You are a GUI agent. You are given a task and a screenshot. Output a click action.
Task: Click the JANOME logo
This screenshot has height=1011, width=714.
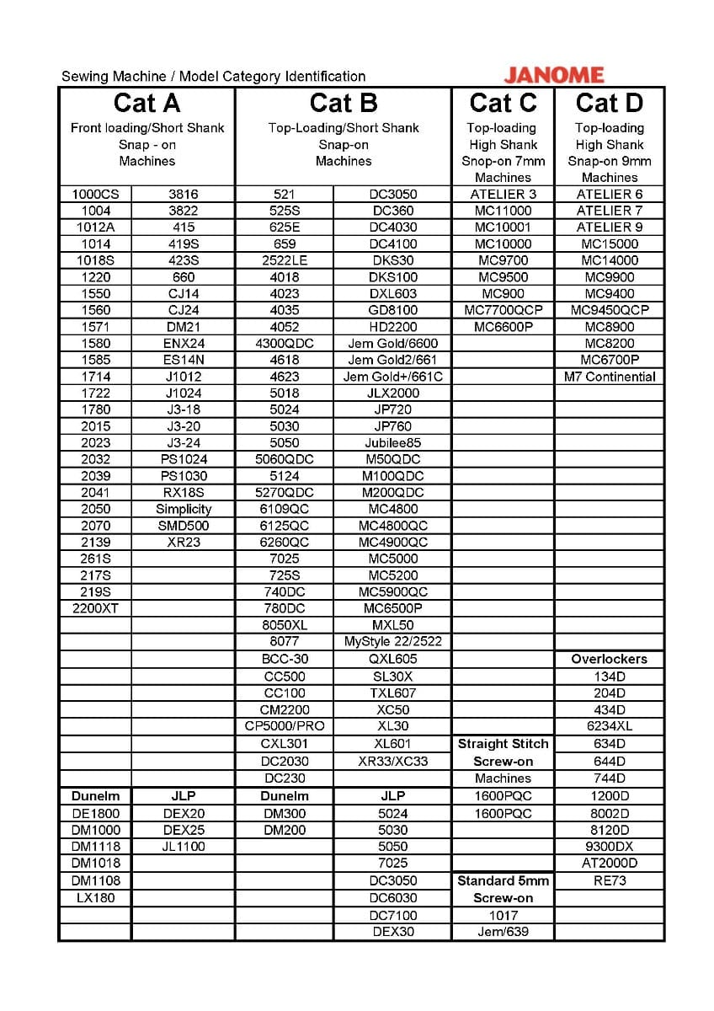tap(553, 74)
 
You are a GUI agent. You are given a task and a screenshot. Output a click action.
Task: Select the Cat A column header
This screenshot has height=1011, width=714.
tap(147, 103)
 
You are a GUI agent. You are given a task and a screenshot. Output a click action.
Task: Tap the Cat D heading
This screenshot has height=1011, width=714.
tap(609, 103)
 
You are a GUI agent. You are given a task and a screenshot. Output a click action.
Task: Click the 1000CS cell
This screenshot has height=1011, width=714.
tap(96, 194)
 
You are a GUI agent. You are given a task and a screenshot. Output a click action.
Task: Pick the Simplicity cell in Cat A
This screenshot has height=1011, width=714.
tap(184, 509)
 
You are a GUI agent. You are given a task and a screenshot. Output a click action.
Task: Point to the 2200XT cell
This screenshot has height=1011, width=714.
tap(96, 608)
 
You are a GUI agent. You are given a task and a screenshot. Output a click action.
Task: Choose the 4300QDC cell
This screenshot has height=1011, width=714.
tap(285, 344)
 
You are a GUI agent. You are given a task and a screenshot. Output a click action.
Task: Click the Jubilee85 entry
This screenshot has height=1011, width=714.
tap(392, 442)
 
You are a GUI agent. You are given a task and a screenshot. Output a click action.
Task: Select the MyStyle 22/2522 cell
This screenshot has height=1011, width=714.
tap(392, 641)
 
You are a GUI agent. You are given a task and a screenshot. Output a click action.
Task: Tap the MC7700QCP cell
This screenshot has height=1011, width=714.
tap(504, 310)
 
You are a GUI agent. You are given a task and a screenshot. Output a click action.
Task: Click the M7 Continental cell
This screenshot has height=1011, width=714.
tap(610, 377)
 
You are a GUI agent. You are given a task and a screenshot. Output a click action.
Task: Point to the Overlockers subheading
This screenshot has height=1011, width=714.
tap(610, 659)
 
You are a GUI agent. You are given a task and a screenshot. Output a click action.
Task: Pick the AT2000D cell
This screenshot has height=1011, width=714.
tap(610, 863)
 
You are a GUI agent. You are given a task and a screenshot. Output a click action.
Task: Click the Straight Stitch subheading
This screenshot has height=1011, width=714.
tap(503, 744)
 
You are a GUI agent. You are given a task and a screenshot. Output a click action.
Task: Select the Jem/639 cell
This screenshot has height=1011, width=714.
tap(503, 932)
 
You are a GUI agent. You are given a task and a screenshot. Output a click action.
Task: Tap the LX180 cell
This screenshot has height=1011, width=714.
tap(96, 898)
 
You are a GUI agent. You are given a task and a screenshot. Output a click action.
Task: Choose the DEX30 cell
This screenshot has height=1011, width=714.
tap(392, 932)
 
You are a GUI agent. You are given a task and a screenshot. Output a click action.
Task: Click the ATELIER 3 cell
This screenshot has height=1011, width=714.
tap(504, 194)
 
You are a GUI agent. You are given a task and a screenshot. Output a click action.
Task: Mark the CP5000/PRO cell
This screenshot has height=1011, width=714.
tap(285, 726)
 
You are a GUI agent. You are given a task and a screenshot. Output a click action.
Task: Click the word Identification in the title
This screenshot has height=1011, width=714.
tap(322, 77)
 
